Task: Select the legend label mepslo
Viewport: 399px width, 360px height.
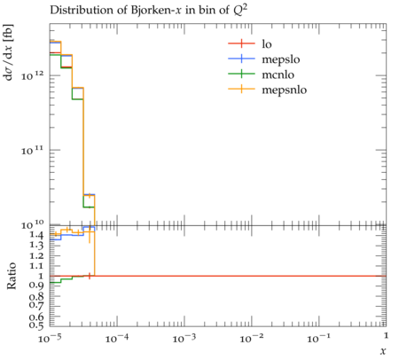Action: click(x=281, y=59)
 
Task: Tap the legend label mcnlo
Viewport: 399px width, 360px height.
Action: click(x=278, y=74)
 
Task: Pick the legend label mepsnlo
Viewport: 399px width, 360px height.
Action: click(x=285, y=90)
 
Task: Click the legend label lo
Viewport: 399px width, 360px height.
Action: click(x=267, y=44)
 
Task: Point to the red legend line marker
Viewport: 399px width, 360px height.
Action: click(x=241, y=43)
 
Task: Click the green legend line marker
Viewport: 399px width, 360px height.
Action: click(x=241, y=74)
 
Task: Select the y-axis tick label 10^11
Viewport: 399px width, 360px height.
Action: click(x=33, y=150)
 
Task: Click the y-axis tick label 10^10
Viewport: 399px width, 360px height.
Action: click(x=33, y=224)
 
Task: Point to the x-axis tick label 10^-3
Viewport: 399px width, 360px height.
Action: click(x=184, y=338)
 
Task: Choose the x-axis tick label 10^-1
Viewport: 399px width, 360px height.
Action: click(x=318, y=338)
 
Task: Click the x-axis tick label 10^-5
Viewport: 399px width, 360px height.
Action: click(x=50, y=338)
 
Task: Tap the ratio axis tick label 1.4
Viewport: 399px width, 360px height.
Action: click(x=36, y=235)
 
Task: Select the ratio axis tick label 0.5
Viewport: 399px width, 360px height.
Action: click(x=36, y=325)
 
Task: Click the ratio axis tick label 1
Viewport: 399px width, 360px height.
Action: click(x=41, y=276)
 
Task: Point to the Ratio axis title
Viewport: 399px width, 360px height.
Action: click(x=12, y=276)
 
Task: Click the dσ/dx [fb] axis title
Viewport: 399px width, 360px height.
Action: click(x=8, y=52)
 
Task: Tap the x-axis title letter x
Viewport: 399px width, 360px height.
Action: click(x=383, y=351)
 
